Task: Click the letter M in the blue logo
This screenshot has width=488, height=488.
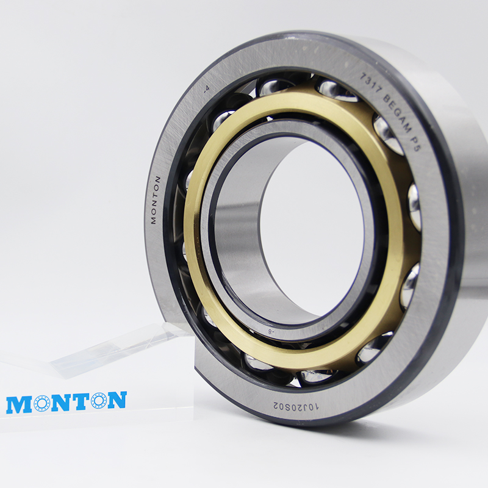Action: [x=18, y=404]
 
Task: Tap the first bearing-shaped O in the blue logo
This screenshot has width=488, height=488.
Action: [x=42, y=403]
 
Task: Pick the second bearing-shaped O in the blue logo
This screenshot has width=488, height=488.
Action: [x=99, y=401]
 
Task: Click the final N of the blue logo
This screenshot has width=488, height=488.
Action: [x=117, y=400]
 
